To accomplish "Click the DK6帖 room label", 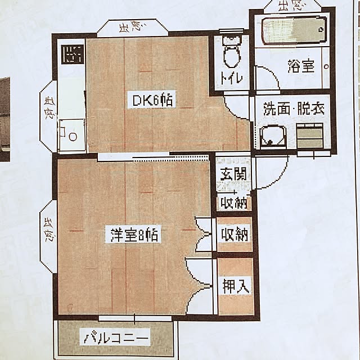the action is coord(152,100).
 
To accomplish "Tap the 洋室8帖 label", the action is coord(134,235).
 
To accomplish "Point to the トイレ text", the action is coord(231,78).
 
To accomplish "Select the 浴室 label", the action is coord(301,66).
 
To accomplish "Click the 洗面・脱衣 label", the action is coord(294,109).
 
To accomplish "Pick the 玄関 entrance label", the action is coord(233,174).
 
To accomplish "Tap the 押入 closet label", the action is coord(236,286).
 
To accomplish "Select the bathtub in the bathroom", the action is coord(294,30).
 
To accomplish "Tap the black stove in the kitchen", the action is coord(73,54).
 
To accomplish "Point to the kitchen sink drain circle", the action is coord(73,136).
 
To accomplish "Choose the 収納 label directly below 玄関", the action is coord(234,202).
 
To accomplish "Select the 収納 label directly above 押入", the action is coord(235,235).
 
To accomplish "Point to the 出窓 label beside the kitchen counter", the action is coord(49,108).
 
